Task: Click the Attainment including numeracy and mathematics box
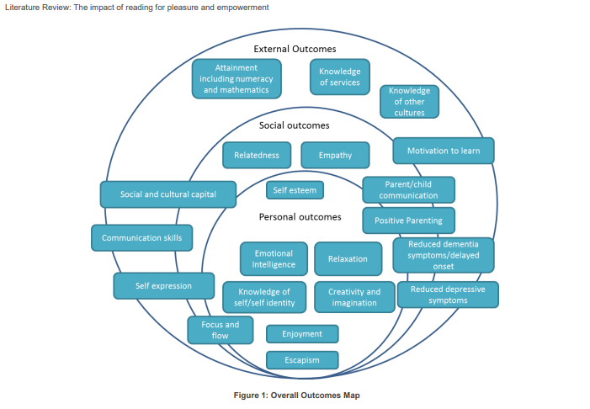coord(237,78)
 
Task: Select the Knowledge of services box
coord(339,77)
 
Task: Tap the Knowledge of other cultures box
coord(409,102)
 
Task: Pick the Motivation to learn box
coord(444,151)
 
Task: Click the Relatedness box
coord(257,155)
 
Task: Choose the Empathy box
coord(335,155)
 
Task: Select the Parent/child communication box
coord(408,190)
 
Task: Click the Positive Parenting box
coord(408,220)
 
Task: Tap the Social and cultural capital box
coord(167,194)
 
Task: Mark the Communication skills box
coord(141,238)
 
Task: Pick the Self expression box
coord(163,286)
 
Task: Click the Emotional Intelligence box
coord(274,259)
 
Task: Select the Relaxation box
coord(348,259)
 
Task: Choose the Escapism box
coord(302,360)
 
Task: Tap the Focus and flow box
coord(220,330)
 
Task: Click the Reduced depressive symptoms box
coord(448,295)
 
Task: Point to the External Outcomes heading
coord(295,49)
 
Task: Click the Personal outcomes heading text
coord(300,216)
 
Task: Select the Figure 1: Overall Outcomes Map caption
coord(296,396)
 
